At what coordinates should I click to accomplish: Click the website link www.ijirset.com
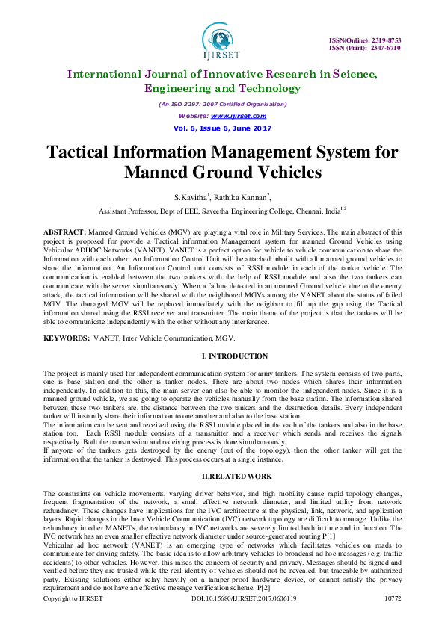(x=239, y=116)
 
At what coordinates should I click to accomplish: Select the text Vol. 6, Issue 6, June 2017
(x=222, y=128)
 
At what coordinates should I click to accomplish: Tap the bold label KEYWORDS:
(x=66, y=339)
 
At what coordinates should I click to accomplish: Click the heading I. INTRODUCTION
(x=222, y=356)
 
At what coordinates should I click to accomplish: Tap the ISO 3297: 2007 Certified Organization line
(x=222, y=105)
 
